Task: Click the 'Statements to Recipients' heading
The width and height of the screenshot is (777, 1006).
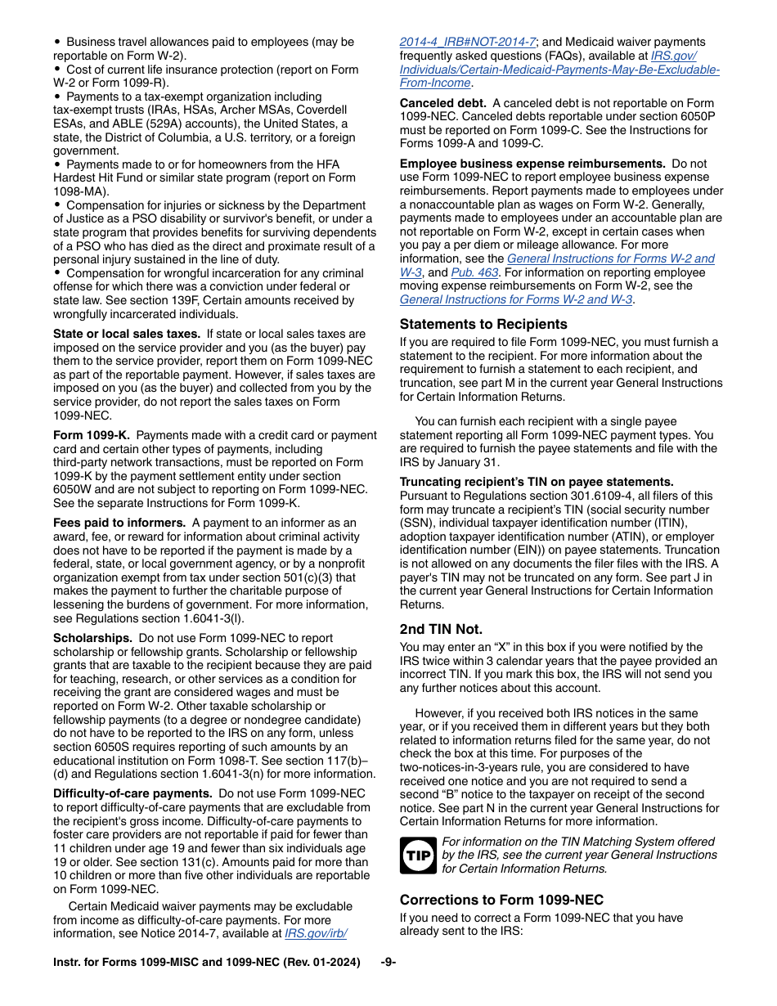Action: [x=483, y=324]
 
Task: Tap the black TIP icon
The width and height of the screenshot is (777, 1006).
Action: [x=417, y=856]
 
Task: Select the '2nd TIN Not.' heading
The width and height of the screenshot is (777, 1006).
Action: [x=441, y=629]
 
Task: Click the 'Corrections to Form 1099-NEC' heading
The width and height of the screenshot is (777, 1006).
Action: [x=501, y=900]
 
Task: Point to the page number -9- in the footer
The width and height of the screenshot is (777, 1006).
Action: [x=388, y=963]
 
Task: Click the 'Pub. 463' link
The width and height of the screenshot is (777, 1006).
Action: [x=474, y=272]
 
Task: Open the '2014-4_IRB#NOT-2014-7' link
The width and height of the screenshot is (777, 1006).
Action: [x=467, y=42]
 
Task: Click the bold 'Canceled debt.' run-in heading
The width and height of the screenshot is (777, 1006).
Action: [x=442, y=103]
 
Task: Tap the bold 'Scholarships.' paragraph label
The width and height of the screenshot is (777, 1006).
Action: [x=92, y=638]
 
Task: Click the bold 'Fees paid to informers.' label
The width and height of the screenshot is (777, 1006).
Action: [x=119, y=523]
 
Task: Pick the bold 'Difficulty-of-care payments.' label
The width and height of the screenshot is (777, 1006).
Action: [x=132, y=793]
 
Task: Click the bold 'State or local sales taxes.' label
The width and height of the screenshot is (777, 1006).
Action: [x=126, y=334]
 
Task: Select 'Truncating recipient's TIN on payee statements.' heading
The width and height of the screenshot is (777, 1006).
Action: [x=537, y=482]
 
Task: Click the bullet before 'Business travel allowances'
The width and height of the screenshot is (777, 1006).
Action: [x=57, y=42]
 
